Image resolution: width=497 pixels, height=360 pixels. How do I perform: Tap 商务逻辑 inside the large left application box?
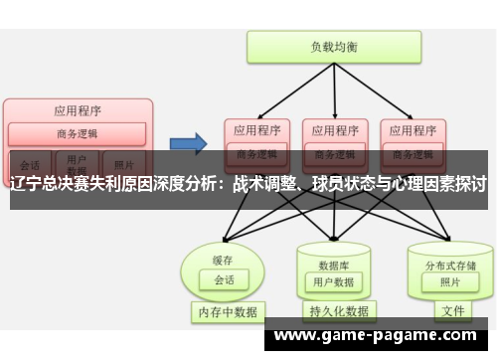click(78, 134)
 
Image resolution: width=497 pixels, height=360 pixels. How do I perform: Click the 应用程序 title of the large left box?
click(78, 110)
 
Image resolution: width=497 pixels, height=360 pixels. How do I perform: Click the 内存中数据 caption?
click(227, 311)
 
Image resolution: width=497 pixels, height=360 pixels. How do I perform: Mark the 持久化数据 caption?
click(339, 311)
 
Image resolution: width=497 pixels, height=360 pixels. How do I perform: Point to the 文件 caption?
click(452, 310)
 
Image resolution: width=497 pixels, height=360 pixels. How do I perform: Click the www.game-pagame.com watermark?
click(380, 335)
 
